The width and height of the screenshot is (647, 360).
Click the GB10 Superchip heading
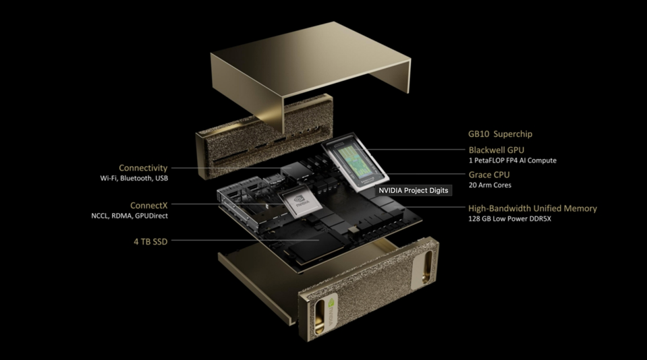[x=500, y=134]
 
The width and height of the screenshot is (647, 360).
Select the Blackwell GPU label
[x=496, y=150]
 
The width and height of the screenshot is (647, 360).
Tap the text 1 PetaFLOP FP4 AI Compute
[x=512, y=160]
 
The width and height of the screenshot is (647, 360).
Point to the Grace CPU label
[x=489, y=175]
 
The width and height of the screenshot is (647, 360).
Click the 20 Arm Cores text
[x=490, y=185]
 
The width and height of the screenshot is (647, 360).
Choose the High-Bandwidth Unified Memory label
[x=532, y=208]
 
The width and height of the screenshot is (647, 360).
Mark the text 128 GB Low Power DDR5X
[x=509, y=219]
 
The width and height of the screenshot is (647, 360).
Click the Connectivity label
[x=143, y=168]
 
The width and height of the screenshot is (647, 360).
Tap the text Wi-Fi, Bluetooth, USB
[x=134, y=179]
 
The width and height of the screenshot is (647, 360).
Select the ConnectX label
[x=148, y=205]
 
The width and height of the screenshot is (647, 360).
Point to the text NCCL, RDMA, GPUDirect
[x=130, y=216]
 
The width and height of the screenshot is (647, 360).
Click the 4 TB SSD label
[x=150, y=241]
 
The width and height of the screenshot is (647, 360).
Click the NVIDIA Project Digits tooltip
[x=413, y=191]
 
